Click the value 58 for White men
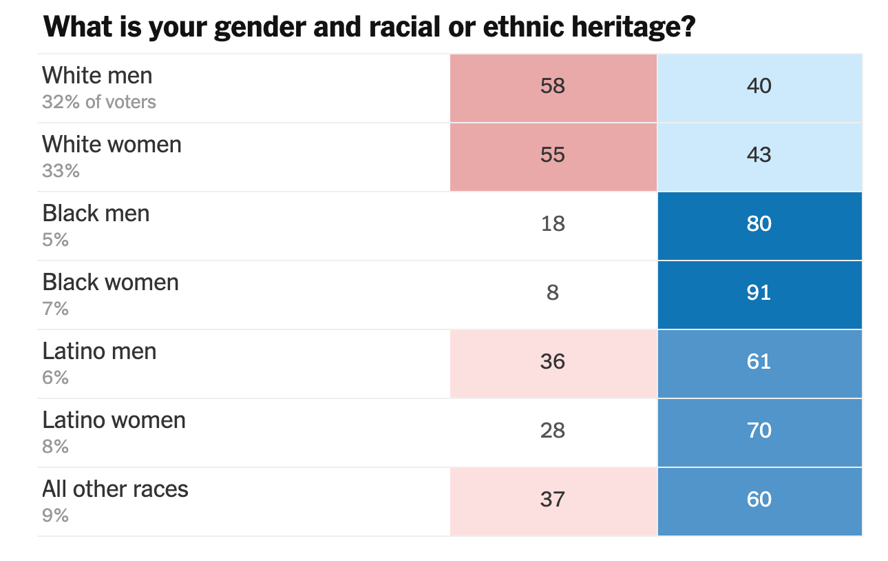(x=553, y=86)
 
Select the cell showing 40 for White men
(x=759, y=86)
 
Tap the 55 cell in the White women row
(x=553, y=155)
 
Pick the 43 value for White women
(x=759, y=155)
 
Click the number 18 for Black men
(x=553, y=224)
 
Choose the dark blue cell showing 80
(x=759, y=224)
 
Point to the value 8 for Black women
(x=553, y=293)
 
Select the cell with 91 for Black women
(x=759, y=293)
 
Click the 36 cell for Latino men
(x=553, y=362)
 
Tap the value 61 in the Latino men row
(x=759, y=362)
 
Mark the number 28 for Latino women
(x=553, y=431)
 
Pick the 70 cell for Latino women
(x=759, y=431)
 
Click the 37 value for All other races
(x=553, y=500)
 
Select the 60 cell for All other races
(x=759, y=500)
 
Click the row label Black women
(x=110, y=283)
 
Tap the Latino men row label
(x=99, y=351)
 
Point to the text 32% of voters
(x=99, y=102)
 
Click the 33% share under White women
(x=61, y=171)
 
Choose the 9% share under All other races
(x=55, y=516)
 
